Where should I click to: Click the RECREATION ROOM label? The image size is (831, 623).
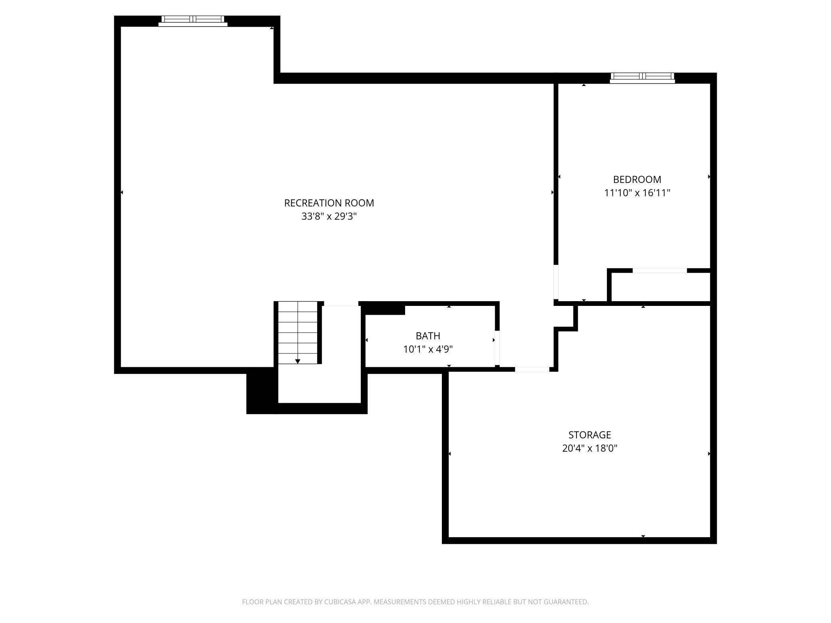(329, 203)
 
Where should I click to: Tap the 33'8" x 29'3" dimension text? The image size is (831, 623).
(329, 216)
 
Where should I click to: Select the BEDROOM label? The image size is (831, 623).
(637, 179)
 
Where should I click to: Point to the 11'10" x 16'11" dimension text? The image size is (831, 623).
(637, 193)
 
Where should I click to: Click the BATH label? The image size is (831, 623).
(427, 336)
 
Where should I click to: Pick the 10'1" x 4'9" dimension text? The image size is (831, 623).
(427, 349)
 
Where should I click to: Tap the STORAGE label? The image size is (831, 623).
(589, 435)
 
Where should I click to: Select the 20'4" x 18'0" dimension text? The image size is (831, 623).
(589, 448)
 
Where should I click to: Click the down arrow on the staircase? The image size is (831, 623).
(298, 361)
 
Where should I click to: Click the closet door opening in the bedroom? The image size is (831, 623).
(660, 271)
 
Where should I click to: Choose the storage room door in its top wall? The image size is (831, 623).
(532, 369)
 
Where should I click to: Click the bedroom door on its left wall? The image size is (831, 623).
(556, 282)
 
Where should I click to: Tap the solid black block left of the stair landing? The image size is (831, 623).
(261, 391)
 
